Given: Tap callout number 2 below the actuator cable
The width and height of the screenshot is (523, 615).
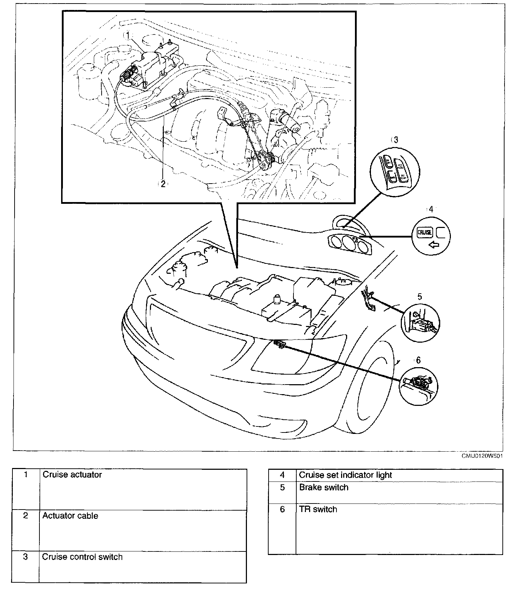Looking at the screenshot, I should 163,184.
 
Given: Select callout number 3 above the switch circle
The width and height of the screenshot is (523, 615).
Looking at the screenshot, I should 396,140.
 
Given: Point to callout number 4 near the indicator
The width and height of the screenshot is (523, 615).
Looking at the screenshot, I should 431,209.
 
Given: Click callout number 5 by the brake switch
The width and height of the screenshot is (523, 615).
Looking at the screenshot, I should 420,296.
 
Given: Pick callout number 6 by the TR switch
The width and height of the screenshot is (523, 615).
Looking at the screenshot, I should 418,360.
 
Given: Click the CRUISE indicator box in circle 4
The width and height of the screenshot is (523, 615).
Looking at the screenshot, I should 424,232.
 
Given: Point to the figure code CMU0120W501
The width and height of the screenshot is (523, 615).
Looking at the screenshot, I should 482,456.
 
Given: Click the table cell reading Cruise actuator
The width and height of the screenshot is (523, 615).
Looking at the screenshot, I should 72,475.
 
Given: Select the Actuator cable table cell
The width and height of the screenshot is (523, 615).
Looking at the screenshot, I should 70,516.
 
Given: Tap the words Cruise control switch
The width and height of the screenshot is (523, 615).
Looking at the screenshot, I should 82,557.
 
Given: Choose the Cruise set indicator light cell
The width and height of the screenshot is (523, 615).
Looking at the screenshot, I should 345,475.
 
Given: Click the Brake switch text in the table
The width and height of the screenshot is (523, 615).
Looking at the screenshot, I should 324,487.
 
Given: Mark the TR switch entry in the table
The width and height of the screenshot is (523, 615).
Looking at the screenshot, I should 318,509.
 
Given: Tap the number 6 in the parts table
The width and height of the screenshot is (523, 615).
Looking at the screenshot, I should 282,509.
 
